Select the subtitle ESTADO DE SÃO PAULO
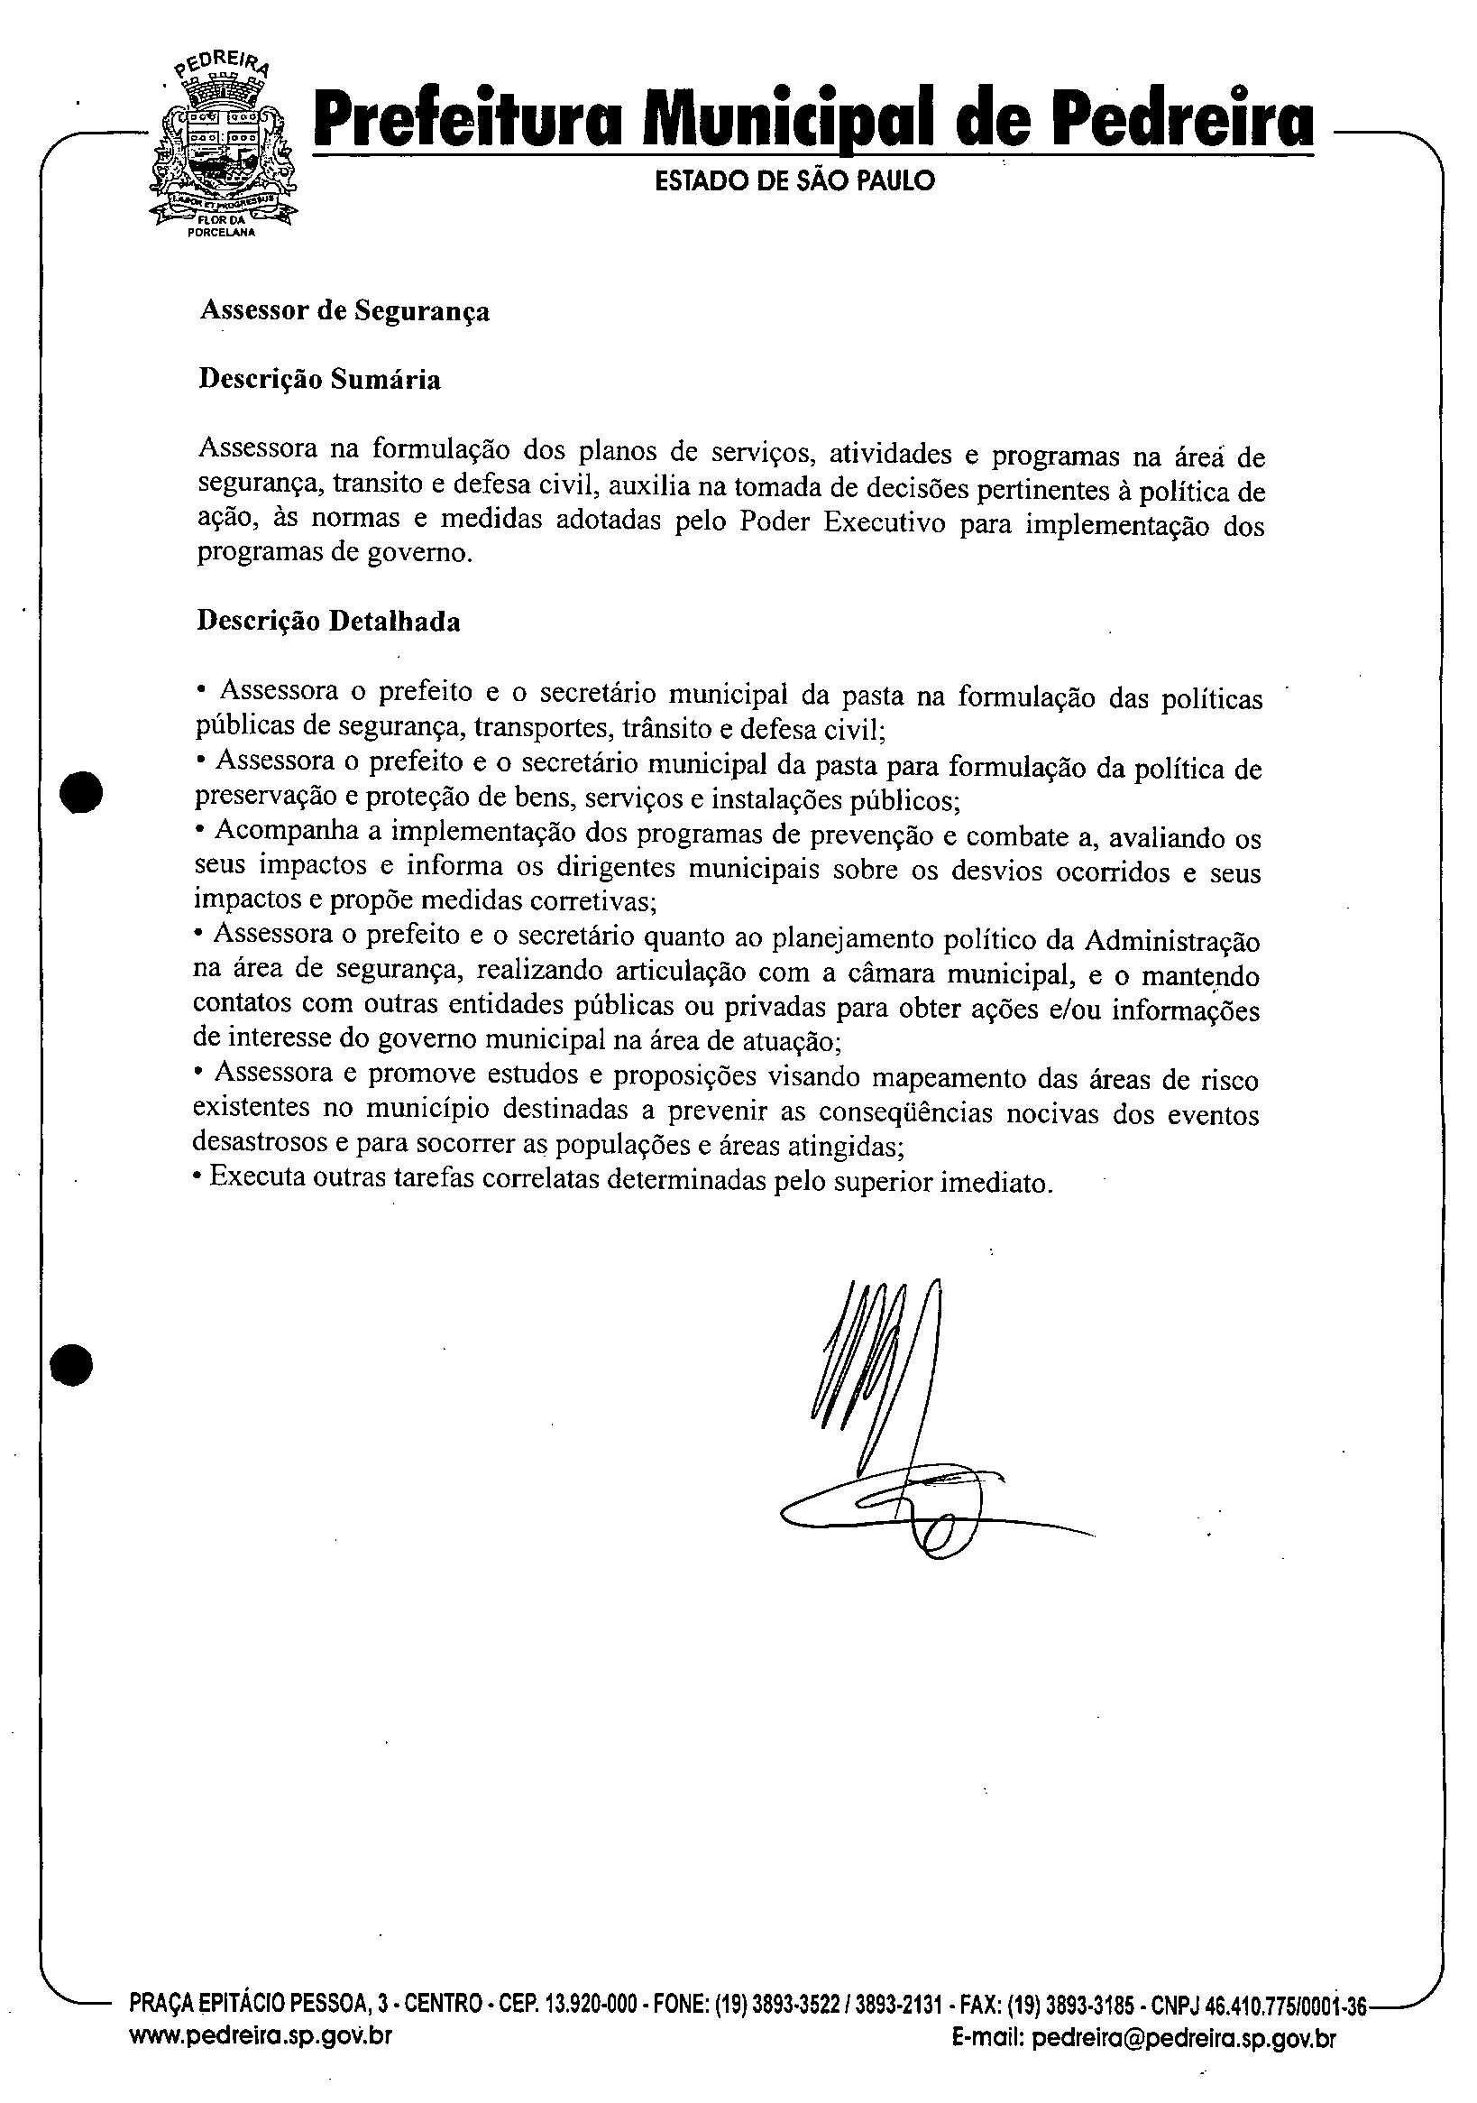point(794,180)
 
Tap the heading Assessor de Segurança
point(344,310)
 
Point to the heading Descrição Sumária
point(319,379)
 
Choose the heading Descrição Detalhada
point(329,621)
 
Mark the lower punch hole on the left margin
point(72,1364)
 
